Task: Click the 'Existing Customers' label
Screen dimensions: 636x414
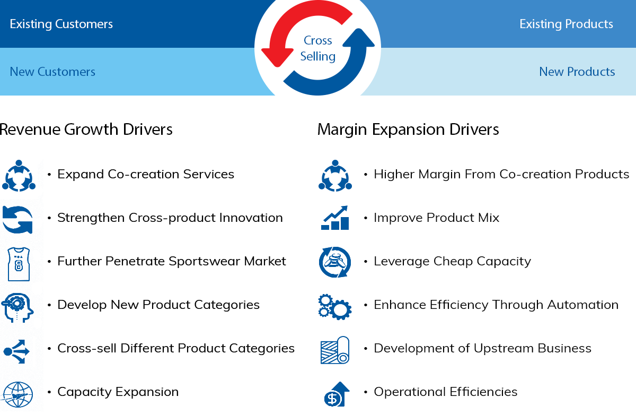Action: click(x=61, y=24)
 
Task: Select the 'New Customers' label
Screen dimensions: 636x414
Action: click(x=52, y=72)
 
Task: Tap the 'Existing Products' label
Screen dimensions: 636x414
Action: click(x=566, y=24)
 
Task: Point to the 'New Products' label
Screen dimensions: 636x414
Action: click(x=577, y=72)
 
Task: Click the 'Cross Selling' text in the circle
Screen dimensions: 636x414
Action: click(x=317, y=48)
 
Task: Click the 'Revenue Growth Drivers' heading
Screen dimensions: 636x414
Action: click(x=86, y=130)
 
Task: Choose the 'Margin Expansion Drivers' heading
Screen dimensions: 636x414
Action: click(x=408, y=130)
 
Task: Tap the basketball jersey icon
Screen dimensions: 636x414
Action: click(x=19, y=264)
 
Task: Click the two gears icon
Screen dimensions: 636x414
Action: click(x=335, y=307)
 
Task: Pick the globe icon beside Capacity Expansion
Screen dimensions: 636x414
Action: click(x=17, y=395)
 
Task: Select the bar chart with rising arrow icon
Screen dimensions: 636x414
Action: click(x=335, y=218)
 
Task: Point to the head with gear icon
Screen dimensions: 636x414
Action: click(x=17, y=307)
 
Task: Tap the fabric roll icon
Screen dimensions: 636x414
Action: click(x=335, y=350)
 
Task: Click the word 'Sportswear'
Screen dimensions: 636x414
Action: click(x=205, y=262)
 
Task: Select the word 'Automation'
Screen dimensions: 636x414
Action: click(x=583, y=305)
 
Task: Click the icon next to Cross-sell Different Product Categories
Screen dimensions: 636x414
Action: click(x=16, y=351)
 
